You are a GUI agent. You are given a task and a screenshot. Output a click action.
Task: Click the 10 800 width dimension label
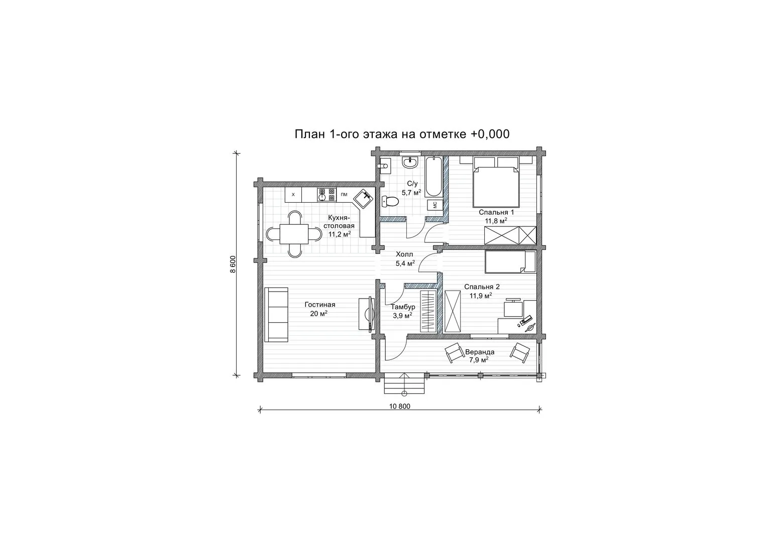pos(400,406)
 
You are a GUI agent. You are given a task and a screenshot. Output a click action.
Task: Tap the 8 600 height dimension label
pos(233,264)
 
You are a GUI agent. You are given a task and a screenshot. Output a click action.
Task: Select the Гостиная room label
pos(320,305)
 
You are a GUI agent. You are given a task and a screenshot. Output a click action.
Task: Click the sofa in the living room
pos(276,315)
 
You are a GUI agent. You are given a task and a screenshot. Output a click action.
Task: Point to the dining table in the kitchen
pos(294,234)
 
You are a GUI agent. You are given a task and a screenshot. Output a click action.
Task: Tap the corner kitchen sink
pos(363,198)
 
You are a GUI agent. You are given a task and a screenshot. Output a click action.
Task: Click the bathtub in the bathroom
pos(434,177)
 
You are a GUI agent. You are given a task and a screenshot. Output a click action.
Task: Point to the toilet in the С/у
pos(390,202)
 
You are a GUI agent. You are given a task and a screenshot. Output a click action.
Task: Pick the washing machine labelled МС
pos(435,205)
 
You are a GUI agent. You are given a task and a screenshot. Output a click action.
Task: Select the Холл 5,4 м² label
pos(405,258)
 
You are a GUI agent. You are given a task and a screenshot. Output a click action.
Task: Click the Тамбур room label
pos(403,307)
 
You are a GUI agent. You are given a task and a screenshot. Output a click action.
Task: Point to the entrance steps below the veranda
pos(404,383)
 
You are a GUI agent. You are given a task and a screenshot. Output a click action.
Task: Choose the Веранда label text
pos(479,352)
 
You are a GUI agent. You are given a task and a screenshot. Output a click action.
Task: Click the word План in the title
pos(310,134)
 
